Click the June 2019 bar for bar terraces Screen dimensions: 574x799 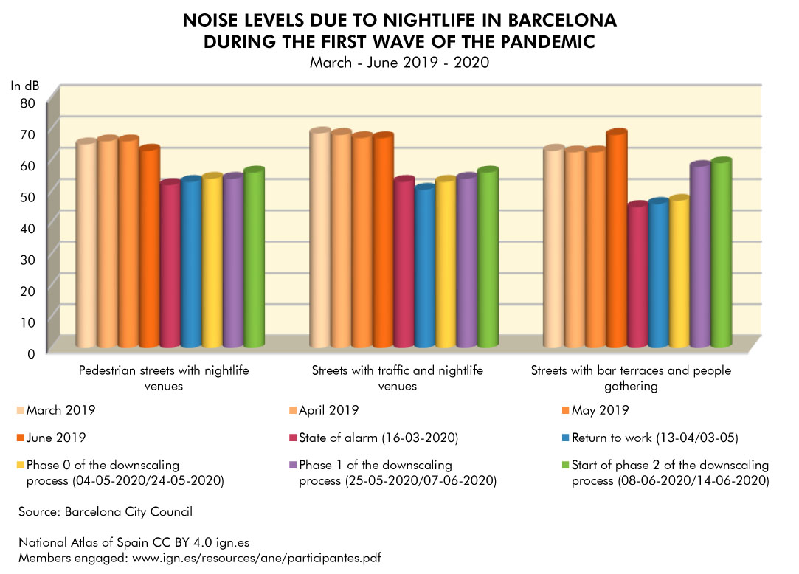[x=617, y=240]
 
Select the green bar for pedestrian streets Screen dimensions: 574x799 [x=255, y=258]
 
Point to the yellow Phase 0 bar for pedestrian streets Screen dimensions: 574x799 [x=212, y=261]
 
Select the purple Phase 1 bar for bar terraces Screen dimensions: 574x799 [x=700, y=255]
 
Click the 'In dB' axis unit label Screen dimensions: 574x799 [x=24, y=86]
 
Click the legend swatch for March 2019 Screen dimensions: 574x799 [x=20, y=410]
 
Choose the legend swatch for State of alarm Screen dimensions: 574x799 [x=293, y=439]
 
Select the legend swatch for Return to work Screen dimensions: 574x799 [x=565, y=439]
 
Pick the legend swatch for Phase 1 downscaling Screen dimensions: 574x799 [x=293, y=466]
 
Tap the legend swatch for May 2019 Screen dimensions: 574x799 [x=565, y=410]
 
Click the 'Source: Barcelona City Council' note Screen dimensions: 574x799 [x=106, y=511]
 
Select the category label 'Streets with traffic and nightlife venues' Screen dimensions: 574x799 [x=398, y=378]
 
